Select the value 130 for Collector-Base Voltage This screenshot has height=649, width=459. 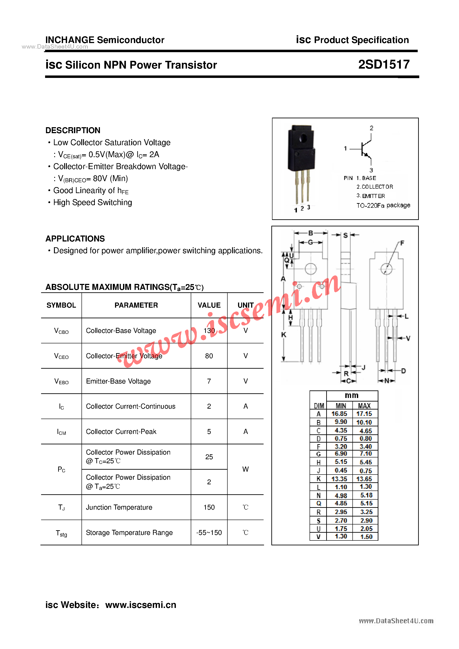[x=209, y=330]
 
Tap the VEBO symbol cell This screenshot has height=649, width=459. [x=61, y=381]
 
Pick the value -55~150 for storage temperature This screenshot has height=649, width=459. [x=209, y=532]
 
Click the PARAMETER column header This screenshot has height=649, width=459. [x=136, y=305]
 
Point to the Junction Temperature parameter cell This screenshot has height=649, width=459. [x=119, y=507]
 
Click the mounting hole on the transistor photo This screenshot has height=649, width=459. [x=303, y=138]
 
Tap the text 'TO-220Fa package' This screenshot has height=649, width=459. [x=383, y=206]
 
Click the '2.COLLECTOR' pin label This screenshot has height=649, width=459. [x=375, y=187]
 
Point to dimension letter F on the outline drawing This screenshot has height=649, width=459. [x=402, y=243]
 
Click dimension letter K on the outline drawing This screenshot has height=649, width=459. [x=284, y=335]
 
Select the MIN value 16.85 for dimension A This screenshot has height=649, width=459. [x=339, y=414]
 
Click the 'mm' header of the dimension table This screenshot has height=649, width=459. [x=352, y=396]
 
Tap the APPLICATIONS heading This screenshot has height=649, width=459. [x=75, y=239]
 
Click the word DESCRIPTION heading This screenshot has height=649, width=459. [x=73, y=130]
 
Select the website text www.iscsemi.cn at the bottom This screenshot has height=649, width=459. [x=141, y=605]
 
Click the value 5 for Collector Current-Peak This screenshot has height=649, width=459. [x=209, y=432]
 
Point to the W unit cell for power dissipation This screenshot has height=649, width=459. [x=245, y=469]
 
